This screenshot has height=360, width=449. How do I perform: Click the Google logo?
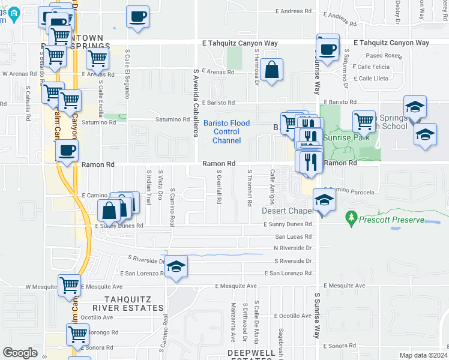click(20, 352)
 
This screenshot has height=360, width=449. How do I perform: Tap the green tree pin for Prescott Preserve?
click(350, 217)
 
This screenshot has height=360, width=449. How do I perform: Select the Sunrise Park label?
click(345, 137)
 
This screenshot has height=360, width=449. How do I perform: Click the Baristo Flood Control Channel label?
click(226, 132)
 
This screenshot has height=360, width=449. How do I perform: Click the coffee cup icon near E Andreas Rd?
click(137, 16)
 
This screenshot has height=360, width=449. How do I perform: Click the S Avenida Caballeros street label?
click(196, 101)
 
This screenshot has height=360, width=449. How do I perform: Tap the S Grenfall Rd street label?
click(219, 188)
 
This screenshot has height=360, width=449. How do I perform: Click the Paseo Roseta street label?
click(374, 55)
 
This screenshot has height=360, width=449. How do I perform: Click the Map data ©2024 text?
click(421, 355)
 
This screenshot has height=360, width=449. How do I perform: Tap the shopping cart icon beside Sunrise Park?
click(364, 121)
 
